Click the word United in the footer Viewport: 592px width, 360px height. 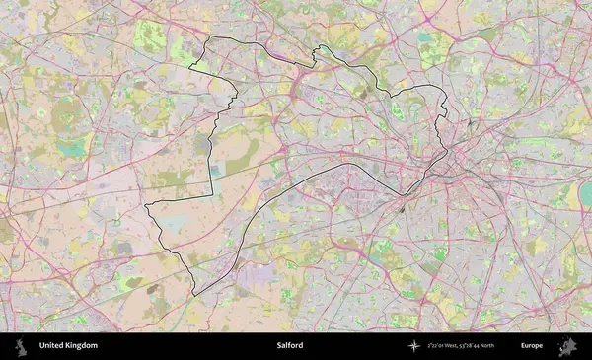click(52, 346)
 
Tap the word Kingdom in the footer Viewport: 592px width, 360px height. click(83, 346)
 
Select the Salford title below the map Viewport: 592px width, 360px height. click(290, 346)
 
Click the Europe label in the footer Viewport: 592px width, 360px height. click(532, 346)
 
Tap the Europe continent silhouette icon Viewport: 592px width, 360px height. click(567, 346)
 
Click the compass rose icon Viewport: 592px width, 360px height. click(414, 346)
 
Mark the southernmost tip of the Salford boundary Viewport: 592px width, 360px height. click(194, 295)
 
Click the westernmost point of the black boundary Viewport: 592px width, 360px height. click(145, 206)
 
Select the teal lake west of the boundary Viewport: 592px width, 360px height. click(71, 148)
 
